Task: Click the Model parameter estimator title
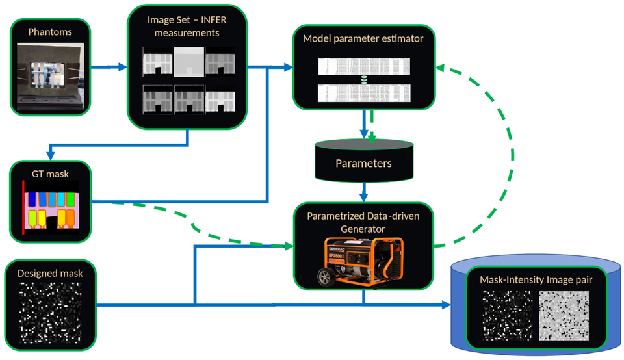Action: (x=363, y=38)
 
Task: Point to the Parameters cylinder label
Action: (x=363, y=162)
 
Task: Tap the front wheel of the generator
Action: (x=324, y=277)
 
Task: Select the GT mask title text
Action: (x=49, y=174)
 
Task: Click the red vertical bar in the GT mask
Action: (x=24, y=207)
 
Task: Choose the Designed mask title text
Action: (x=50, y=273)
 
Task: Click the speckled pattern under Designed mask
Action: (x=50, y=313)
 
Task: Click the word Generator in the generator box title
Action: (x=363, y=228)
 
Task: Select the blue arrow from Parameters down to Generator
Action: (x=363, y=192)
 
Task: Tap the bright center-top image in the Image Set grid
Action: (x=188, y=62)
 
